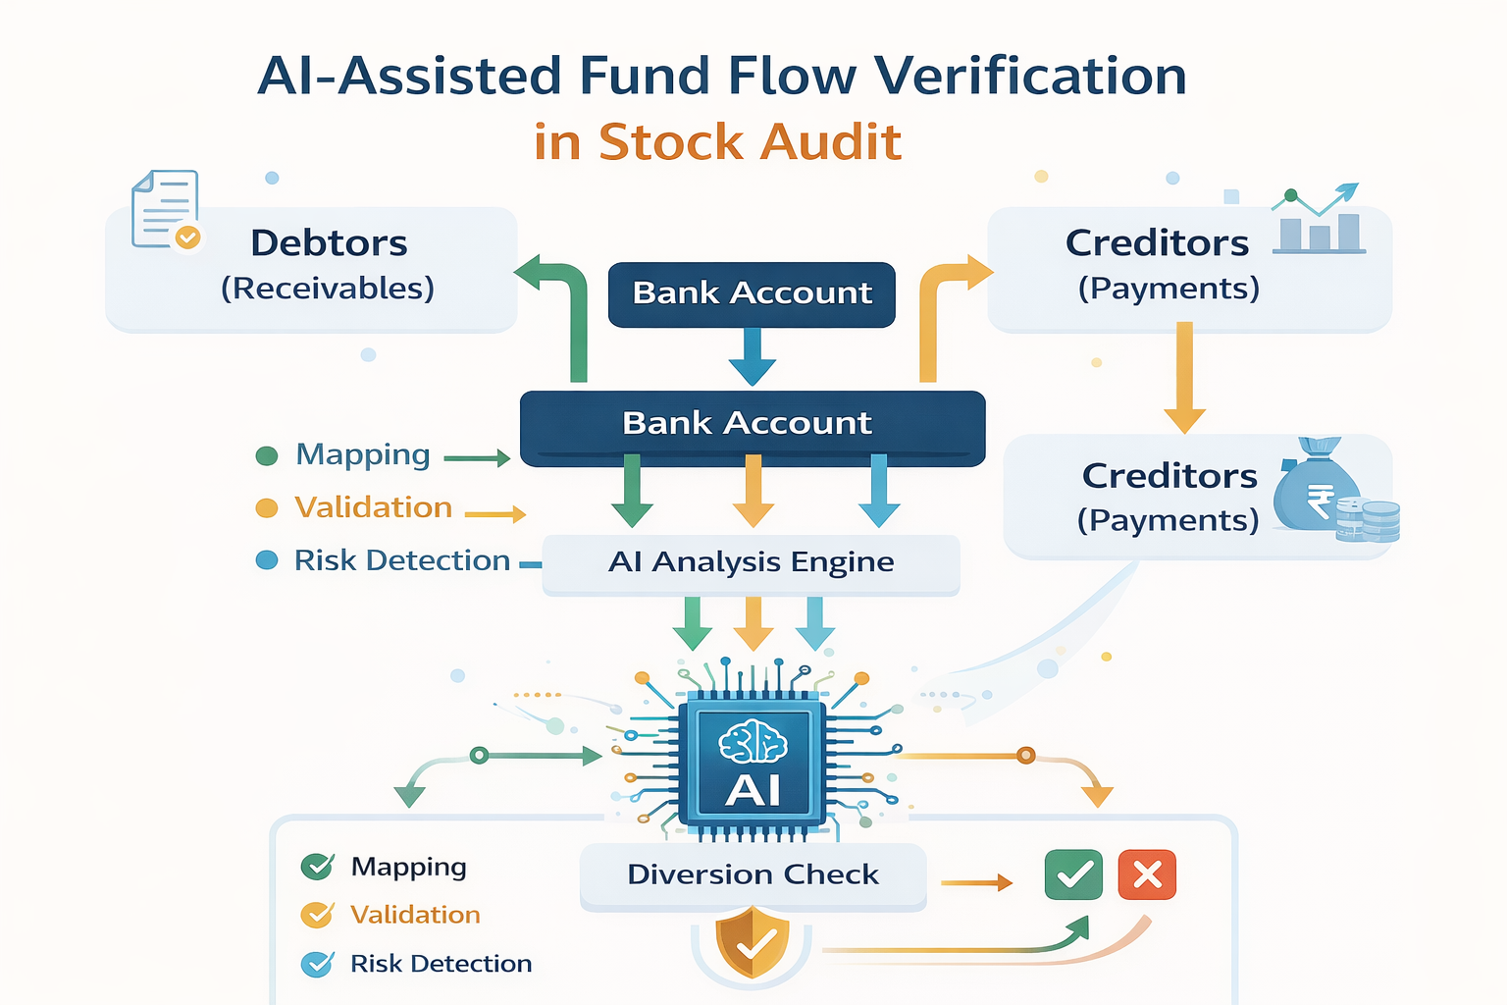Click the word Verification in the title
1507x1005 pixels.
point(1029,77)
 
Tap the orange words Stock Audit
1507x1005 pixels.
point(750,142)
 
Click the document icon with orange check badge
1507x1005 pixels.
point(166,210)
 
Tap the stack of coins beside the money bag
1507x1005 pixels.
point(1370,520)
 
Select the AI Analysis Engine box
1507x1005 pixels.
point(751,562)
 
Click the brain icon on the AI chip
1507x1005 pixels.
point(753,741)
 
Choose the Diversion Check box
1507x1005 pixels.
point(753,874)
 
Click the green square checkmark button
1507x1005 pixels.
point(1073,874)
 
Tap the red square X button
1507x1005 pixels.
point(1147,874)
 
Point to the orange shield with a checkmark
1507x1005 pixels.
point(753,942)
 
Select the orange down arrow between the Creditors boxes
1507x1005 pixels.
point(1184,378)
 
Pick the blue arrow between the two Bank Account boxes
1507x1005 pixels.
point(753,356)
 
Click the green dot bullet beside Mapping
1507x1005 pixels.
point(266,455)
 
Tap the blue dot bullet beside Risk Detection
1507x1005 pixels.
point(266,560)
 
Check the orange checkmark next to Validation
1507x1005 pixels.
point(317,915)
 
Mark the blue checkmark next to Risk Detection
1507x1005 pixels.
point(317,964)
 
